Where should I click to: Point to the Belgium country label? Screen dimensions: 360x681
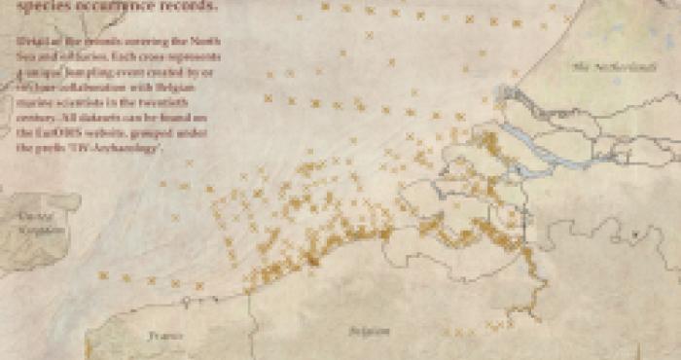[370, 331]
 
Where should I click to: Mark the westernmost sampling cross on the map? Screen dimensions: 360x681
[103, 275]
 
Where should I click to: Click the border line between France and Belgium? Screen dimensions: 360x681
[250, 316]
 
